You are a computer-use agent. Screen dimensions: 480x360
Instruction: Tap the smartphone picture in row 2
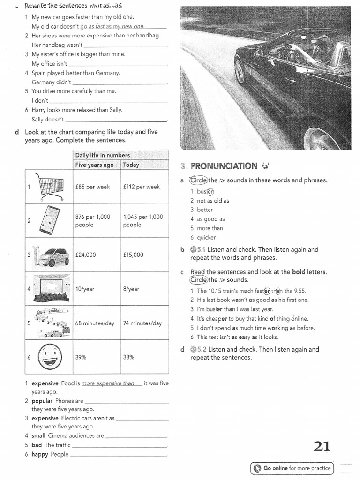(x=49, y=220)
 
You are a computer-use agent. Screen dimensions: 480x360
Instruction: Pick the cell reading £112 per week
(x=142, y=187)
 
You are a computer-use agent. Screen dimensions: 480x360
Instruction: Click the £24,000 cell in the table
(x=85, y=255)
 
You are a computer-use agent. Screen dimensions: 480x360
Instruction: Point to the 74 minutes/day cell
(x=142, y=323)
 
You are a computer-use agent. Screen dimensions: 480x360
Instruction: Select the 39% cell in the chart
(x=81, y=357)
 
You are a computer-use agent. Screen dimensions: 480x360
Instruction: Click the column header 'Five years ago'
(x=95, y=165)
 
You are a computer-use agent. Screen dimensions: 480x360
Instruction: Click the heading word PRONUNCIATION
(x=224, y=166)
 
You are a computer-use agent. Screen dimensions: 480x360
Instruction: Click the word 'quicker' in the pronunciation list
(x=206, y=238)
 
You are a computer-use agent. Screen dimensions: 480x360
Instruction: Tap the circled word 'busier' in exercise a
(x=205, y=191)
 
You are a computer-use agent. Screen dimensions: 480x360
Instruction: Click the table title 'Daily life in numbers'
(x=103, y=155)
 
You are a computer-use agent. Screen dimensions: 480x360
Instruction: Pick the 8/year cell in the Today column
(x=131, y=289)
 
